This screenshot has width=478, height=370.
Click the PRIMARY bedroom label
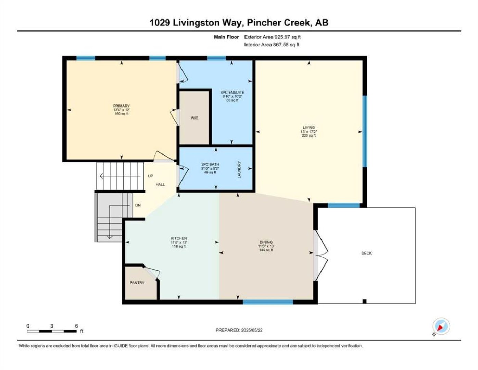(x=121, y=106)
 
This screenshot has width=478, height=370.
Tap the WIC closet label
(x=194, y=118)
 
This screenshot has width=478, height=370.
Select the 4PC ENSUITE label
(x=232, y=92)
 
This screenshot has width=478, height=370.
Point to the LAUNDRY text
(x=239, y=170)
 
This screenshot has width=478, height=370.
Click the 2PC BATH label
(x=210, y=164)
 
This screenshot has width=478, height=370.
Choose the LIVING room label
(x=309, y=127)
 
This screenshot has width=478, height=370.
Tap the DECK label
(x=366, y=253)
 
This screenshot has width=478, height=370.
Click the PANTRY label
(x=137, y=283)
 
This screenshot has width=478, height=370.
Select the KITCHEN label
(x=179, y=238)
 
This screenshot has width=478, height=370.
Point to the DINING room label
(x=266, y=242)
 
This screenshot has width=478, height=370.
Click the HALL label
(x=160, y=184)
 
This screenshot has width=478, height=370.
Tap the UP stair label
(x=150, y=176)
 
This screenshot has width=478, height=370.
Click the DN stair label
(x=138, y=205)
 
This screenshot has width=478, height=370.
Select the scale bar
(x=52, y=331)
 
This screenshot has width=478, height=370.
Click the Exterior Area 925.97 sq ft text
(x=272, y=37)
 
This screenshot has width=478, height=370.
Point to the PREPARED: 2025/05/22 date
(x=239, y=330)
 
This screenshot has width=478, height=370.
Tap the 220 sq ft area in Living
(x=309, y=135)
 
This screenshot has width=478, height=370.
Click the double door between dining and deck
(x=320, y=256)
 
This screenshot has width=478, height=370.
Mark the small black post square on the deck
(x=365, y=301)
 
